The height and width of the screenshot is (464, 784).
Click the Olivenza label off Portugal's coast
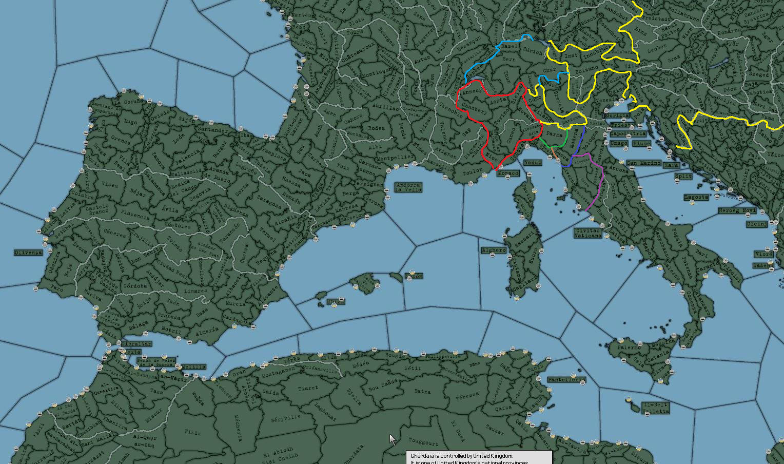[x=28, y=252]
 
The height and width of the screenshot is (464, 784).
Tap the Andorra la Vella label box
[x=408, y=187]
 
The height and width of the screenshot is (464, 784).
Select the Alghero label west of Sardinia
[x=494, y=250]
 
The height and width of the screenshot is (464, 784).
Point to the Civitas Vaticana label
[x=587, y=233]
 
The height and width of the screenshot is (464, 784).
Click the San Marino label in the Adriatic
[x=643, y=163]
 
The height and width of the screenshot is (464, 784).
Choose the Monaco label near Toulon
[x=507, y=173]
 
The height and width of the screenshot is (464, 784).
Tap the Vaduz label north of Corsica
[x=533, y=163]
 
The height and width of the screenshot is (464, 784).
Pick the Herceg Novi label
[x=737, y=211]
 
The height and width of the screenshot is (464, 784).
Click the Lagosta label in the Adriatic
[x=696, y=197]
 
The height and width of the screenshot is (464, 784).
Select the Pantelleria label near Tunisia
[x=566, y=380]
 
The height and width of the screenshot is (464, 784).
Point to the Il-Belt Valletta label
[x=655, y=408]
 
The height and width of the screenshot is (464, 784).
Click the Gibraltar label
[x=136, y=343]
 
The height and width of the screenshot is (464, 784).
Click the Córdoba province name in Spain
[x=135, y=286]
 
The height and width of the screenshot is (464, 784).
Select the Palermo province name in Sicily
[x=629, y=347]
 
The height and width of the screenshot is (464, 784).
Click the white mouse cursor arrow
[x=393, y=439]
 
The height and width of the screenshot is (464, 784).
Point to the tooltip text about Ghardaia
[x=462, y=456]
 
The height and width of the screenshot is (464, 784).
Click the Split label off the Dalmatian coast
[x=683, y=176]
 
